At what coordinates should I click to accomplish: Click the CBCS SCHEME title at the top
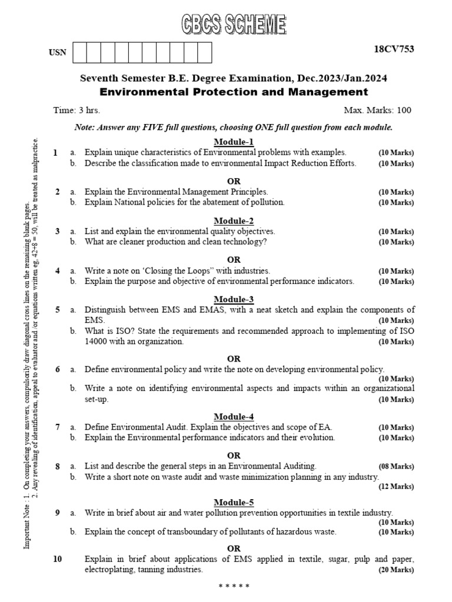coord(233,26)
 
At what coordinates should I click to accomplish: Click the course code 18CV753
coord(394,49)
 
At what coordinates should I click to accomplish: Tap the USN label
coord(58,53)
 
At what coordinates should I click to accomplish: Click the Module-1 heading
coord(234,142)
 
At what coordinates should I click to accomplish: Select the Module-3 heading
coord(234,299)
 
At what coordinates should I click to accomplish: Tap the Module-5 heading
coord(234,502)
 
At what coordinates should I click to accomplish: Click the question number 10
coord(57,559)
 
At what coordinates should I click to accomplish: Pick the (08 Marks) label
coord(396,466)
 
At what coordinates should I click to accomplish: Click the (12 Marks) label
coord(396,487)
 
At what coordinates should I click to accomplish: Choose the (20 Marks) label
coord(396,570)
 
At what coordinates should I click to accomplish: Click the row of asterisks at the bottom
coord(234,587)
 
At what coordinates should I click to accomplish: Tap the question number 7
coord(58,427)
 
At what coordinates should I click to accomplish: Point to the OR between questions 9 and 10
coord(234,549)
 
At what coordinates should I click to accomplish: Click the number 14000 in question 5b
coord(97,342)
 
